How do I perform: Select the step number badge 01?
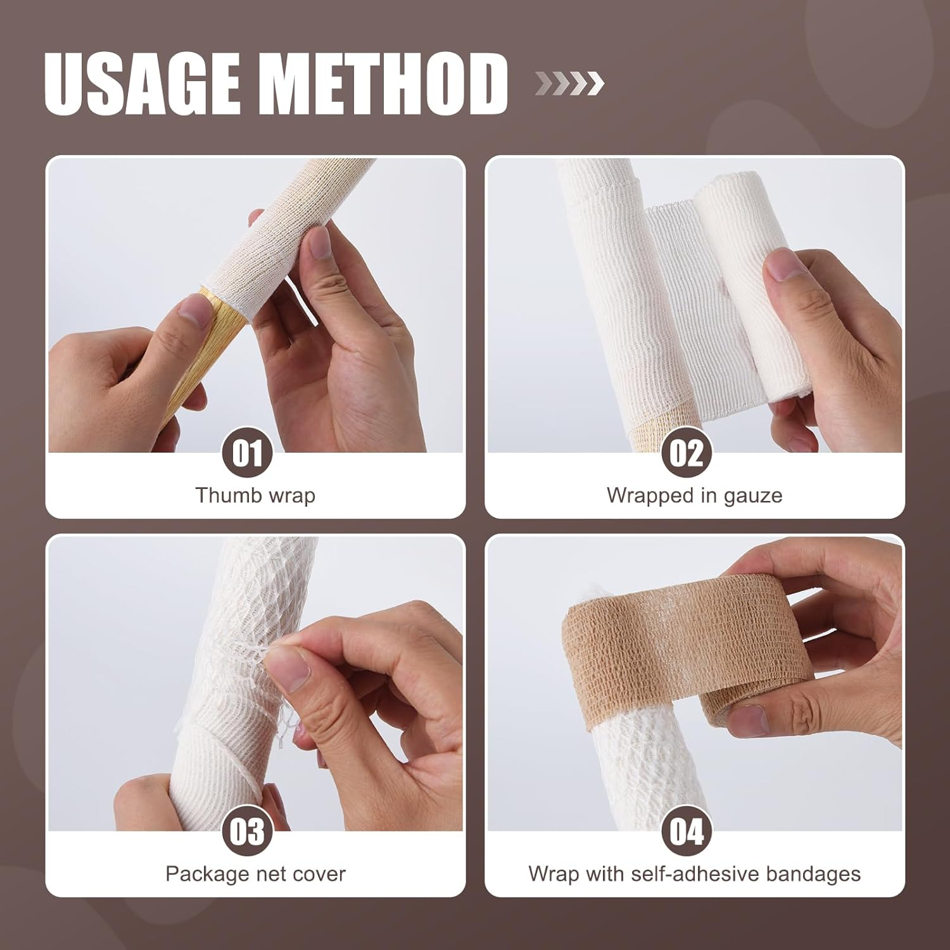pos(247,453)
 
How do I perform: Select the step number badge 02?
pos(687,453)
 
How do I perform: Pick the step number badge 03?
pos(247,832)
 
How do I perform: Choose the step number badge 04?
pos(687,832)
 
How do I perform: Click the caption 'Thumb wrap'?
pos(255,495)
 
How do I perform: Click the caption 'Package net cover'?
pos(255,874)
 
